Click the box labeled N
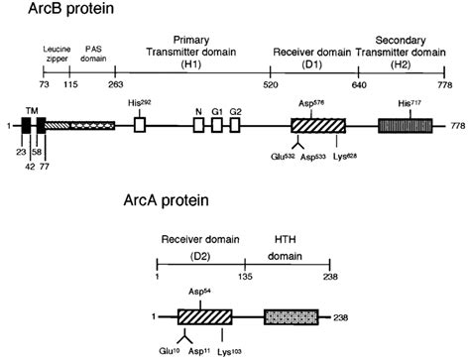[x=198, y=126]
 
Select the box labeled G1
[x=216, y=126]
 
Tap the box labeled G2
[x=235, y=126]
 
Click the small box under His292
[x=140, y=126]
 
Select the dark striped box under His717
[x=405, y=126]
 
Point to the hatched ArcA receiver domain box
[x=204, y=317]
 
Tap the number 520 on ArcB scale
[x=270, y=86]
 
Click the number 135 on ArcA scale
[x=245, y=279]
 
